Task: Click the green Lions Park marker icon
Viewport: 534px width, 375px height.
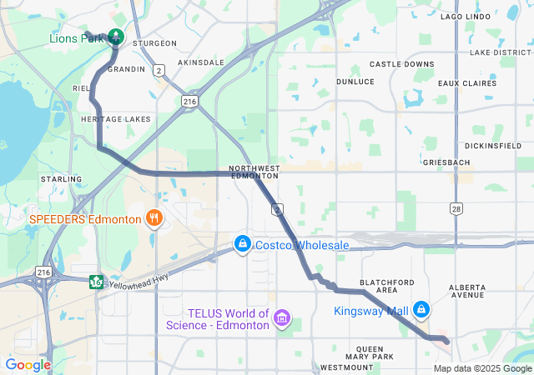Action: tap(115, 37)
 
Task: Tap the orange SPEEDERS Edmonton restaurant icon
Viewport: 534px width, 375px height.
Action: tap(154, 219)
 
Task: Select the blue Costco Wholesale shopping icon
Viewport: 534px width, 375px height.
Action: tap(242, 244)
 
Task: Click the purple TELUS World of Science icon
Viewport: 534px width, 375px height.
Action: tap(282, 318)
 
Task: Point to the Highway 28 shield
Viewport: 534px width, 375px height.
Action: tap(455, 208)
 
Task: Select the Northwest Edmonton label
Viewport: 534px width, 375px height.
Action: tap(254, 172)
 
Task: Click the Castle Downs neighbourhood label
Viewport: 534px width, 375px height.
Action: tap(401, 64)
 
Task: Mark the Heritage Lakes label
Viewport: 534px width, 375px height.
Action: tap(116, 119)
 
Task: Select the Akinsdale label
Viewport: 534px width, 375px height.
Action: tap(201, 62)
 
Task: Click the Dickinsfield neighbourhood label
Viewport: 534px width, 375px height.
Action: tap(492, 146)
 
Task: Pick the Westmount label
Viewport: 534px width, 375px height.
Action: tap(340, 367)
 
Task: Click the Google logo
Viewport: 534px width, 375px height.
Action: tap(28, 365)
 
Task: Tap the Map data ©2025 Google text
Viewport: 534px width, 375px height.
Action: tap(482, 368)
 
